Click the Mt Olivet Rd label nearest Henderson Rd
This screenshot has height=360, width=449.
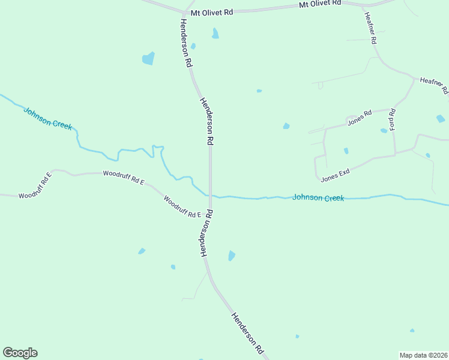[x=211, y=12]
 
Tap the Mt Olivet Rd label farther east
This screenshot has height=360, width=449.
[x=320, y=4]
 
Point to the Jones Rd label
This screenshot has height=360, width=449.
[x=360, y=116]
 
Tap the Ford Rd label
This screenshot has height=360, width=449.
[x=393, y=119]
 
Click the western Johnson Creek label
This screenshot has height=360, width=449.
[x=47, y=118]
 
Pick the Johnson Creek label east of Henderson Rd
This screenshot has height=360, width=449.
[x=318, y=197]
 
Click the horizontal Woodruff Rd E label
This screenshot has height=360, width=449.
[x=124, y=176]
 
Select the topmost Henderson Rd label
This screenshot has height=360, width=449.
[x=185, y=42]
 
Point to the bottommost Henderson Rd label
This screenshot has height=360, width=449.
[x=247, y=332]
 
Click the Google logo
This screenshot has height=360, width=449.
[x=20, y=353]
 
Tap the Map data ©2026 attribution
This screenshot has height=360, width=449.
[x=423, y=355]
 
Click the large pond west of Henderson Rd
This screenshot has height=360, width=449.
[x=148, y=58]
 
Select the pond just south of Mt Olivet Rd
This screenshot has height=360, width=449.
[x=215, y=34]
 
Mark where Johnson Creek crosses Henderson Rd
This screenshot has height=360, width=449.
[x=210, y=196]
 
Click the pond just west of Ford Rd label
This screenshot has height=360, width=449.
[x=384, y=130]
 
